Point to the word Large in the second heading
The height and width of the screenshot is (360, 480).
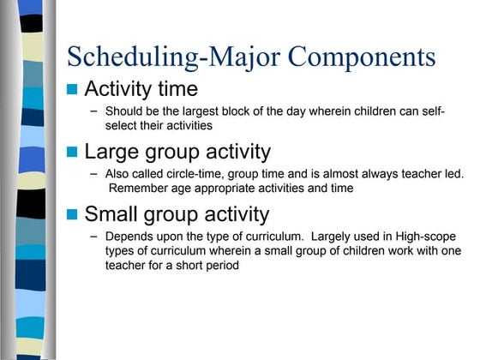(113, 152)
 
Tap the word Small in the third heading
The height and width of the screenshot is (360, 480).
(113, 214)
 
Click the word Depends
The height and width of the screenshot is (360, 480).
(129, 236)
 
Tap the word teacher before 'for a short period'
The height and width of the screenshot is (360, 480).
(127, 265)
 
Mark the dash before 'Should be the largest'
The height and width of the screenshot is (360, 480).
(93, 111)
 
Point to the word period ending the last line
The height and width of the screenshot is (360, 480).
(218, 265)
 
